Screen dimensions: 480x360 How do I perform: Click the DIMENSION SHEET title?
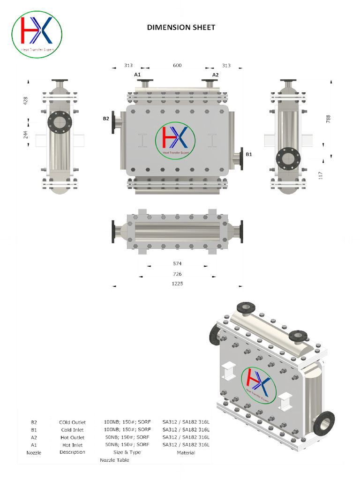pyautogui.click(x=181, y=27)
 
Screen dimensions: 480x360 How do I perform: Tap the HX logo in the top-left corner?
pyautogui.click(x=37, y=35)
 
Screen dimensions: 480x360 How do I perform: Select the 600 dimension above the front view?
pyautogui.click(x=177, y=66)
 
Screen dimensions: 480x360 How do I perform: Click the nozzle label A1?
pyautogui.click(x=137, y=75)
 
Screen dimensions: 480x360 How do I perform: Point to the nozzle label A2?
pyautogui.click(x=215, y=75)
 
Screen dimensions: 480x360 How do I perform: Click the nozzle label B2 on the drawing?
pyautogui.click(x=106, y=119)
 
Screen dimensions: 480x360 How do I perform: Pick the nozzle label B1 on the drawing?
pyautogui.click(x=249, y=153)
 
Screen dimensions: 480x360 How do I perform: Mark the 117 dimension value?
pyautogui.click(x=321, y=175)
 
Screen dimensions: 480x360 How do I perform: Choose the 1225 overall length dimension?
pyautogui.click(x=177, y=284)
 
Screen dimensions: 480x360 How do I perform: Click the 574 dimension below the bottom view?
pyautogui.click(x=177, y=264)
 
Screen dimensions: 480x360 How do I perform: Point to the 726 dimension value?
pyautogui.click(x=177, y=274)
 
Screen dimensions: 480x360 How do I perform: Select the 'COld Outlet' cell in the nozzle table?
pyautogui.click(x=73, y=422)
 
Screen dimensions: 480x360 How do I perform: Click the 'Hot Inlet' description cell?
pyautogui.click(x=73, y=445)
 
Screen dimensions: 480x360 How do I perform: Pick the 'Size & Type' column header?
pyautogui.click(x=127, y=452)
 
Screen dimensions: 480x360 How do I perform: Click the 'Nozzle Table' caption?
pyautogui.click(x=114, y=460)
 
